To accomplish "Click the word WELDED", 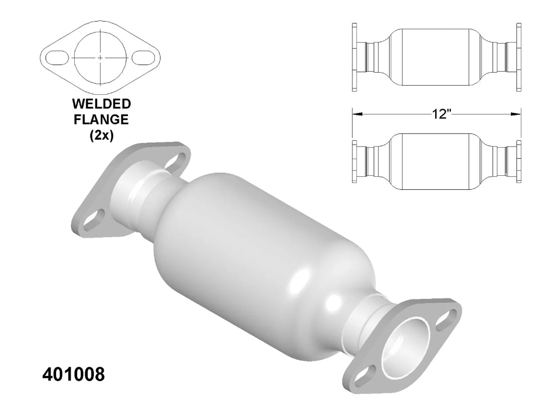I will (x=101, y=104).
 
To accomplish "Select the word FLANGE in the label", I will (x=101, y=120).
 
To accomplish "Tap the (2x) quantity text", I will (x=101, y=136).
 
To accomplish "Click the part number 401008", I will (x=73, y=374).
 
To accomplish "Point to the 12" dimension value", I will (x=441, y=114).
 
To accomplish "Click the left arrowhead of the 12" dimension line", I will (x=356, y=114).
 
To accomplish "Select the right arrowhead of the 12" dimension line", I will (x=516, y=114).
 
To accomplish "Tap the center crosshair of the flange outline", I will (x=101, y=58).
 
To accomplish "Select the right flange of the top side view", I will (x=519, y=57).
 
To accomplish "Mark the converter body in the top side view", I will (x=436, y=57).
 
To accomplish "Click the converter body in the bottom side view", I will (x=436, y=162).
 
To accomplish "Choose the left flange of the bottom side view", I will (x=354, y=162).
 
